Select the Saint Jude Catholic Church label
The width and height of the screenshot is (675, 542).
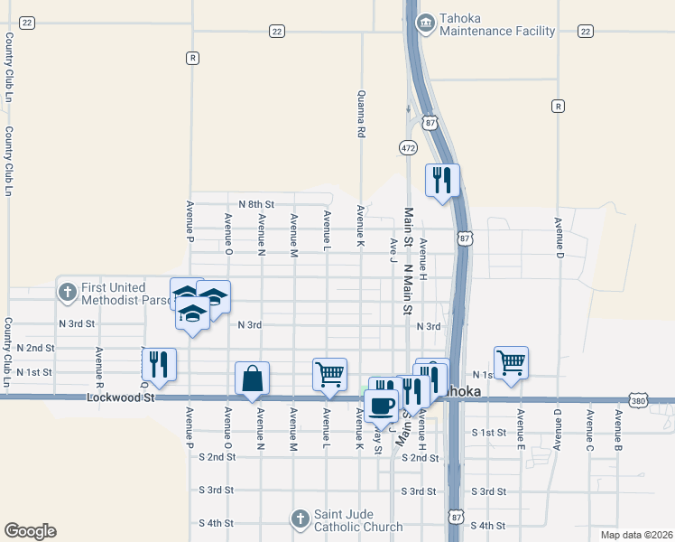pyautogui.click(x=358, y=520)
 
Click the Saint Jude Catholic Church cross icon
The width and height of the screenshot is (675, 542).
pyautogui.click(x=301, y=519)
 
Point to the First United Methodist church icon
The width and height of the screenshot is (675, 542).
pyautogui.click(x=66, y=292)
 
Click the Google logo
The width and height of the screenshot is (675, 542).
pyautogui.click(x=30, y=531)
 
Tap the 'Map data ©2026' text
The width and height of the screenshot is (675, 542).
pyautogui.click(x=635, y=535)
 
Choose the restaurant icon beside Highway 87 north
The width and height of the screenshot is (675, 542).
pyautogui.click(x=441, y=180)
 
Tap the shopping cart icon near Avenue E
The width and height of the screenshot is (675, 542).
pyautogui.click(x=511, y=361)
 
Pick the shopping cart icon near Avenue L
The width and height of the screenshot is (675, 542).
pyautogui.click(x=329, y=373)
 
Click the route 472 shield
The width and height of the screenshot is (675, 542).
pyautogui.click(x=407, y=145)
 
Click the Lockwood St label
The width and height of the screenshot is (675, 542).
pyautogui.click(x=121, y=397)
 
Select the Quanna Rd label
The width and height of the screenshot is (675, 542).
pyautogui.click(x=361, y=114)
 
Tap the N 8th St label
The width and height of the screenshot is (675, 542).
pyautogui.click(x=255, y=205)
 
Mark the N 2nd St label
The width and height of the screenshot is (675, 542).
pyautogui.click(x=36, y=348)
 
